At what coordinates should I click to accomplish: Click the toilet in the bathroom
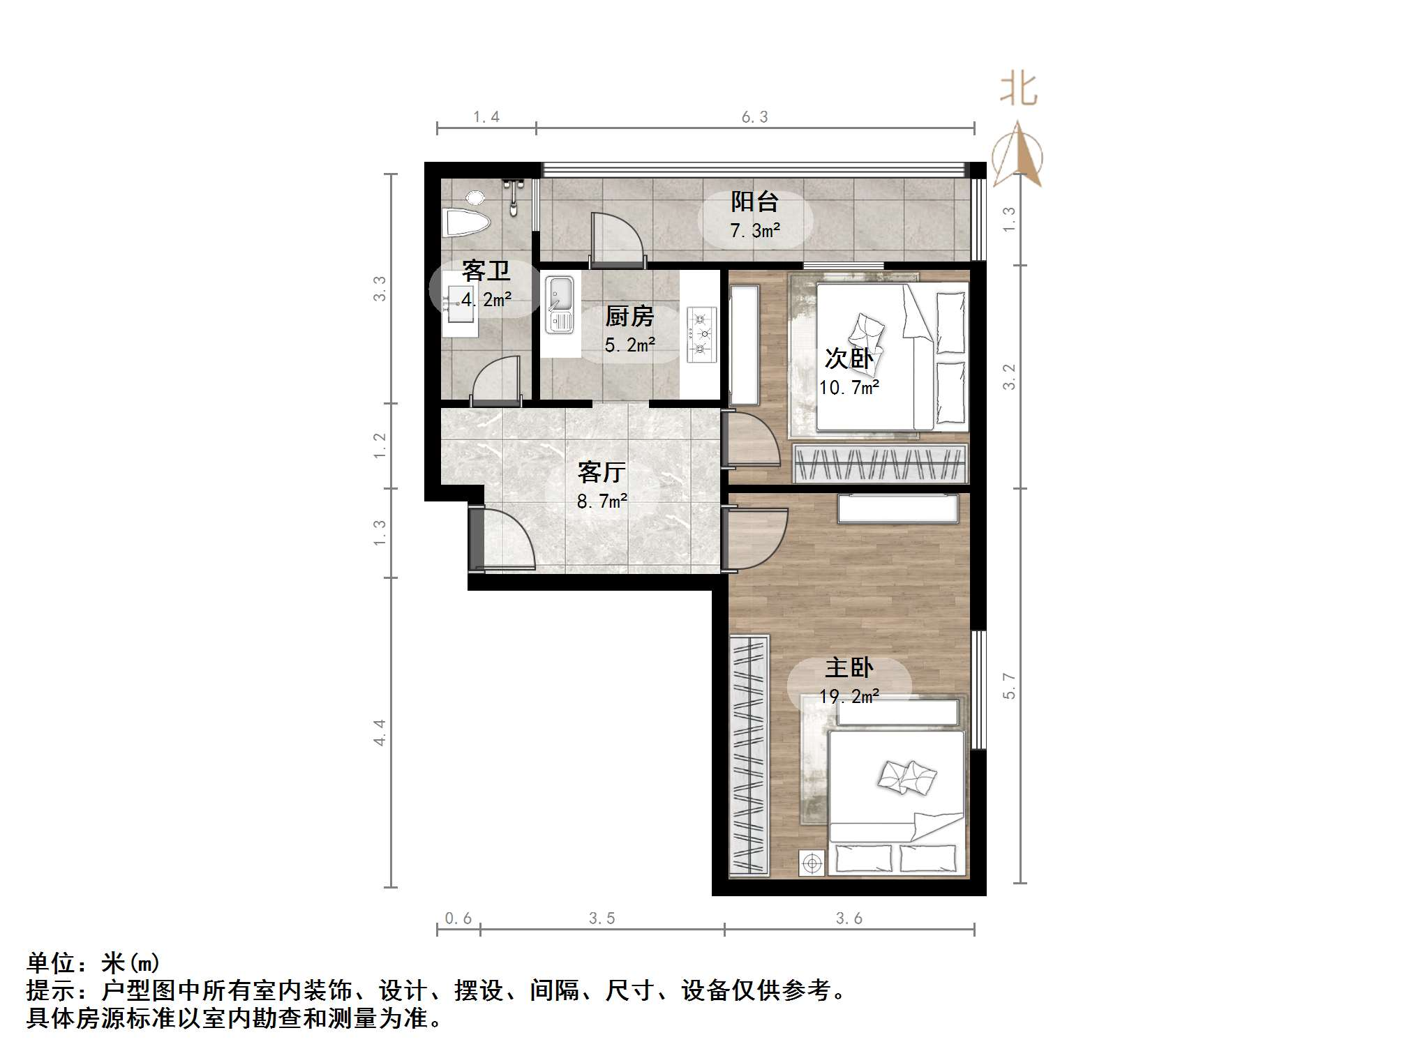pos(466,221)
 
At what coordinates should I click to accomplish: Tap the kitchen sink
pos(560,305)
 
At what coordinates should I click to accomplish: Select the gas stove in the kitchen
pos(701,335)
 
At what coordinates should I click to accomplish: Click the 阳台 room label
pos(754,202)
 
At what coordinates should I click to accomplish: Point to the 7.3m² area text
pos(754,230)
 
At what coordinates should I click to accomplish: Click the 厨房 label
pos(629,317)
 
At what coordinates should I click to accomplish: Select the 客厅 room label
pos(601,473)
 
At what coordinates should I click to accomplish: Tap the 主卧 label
pos(849,668)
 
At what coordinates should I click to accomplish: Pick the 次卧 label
pos(849,358)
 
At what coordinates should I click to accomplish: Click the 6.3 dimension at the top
pos(754,117)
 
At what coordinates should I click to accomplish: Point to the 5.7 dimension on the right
pos(1009,685)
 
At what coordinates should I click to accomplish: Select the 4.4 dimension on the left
pos(379,732)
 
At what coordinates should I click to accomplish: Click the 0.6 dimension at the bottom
pos(458,919)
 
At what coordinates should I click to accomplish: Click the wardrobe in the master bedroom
pos(749,755)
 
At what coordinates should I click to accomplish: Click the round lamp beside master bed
pos(812,863)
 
